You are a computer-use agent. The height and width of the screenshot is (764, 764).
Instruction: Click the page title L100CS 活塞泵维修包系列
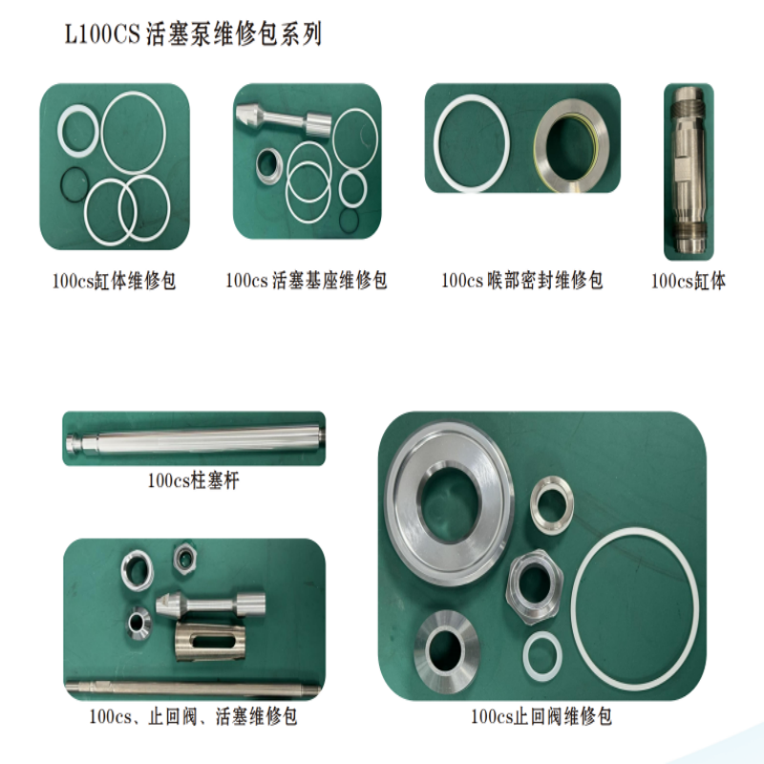[x=194, y=35]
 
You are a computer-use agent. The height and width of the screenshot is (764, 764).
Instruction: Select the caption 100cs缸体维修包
[x=114, y=281]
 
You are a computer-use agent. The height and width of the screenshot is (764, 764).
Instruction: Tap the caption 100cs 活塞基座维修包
[x=307, y=281]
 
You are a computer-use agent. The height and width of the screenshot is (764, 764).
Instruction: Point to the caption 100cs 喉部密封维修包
[x=521, y=281]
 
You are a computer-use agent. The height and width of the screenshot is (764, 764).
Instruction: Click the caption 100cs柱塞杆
[x=194, y=481]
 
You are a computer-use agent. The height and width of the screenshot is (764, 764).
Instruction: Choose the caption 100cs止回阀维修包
[x=541, y=717]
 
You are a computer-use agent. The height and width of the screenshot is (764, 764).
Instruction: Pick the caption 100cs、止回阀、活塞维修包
[x=193, y=717]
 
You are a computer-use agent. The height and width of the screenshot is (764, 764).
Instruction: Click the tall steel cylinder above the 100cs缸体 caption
[x=689, y=170]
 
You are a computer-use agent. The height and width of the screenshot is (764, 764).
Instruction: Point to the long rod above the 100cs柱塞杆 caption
[x=195, y=439]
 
